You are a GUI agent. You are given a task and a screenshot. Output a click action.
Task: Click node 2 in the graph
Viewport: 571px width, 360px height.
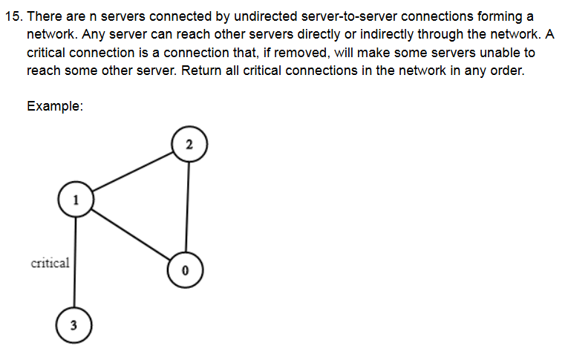(189, 144)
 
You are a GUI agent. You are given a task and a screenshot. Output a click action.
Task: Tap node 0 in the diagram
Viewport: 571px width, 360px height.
(185, 269)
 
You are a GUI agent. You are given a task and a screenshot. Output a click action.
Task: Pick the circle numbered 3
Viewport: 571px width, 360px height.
(74, 324)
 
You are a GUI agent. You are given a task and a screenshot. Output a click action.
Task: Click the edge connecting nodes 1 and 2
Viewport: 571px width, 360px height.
(131, 171)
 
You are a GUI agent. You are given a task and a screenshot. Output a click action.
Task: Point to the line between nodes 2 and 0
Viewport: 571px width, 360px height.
(187, 208)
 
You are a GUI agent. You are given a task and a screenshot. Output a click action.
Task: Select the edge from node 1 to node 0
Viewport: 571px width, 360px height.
(130, 234)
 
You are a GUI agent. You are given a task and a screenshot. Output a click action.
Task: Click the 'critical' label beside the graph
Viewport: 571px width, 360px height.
(50, 262)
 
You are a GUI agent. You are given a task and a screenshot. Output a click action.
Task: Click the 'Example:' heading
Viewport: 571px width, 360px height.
(54, 105)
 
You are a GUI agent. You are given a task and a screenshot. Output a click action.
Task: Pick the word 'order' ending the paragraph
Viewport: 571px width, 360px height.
(506, 71)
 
